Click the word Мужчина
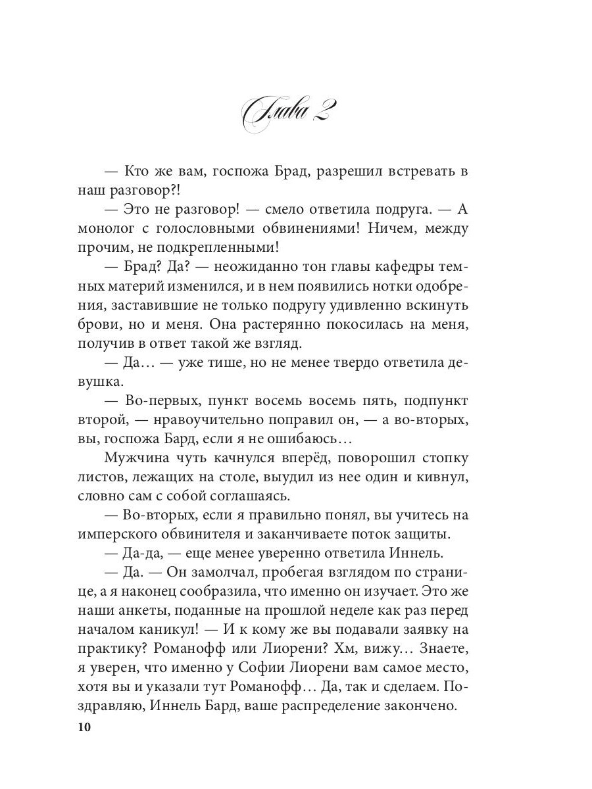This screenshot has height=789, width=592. point(135,458)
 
